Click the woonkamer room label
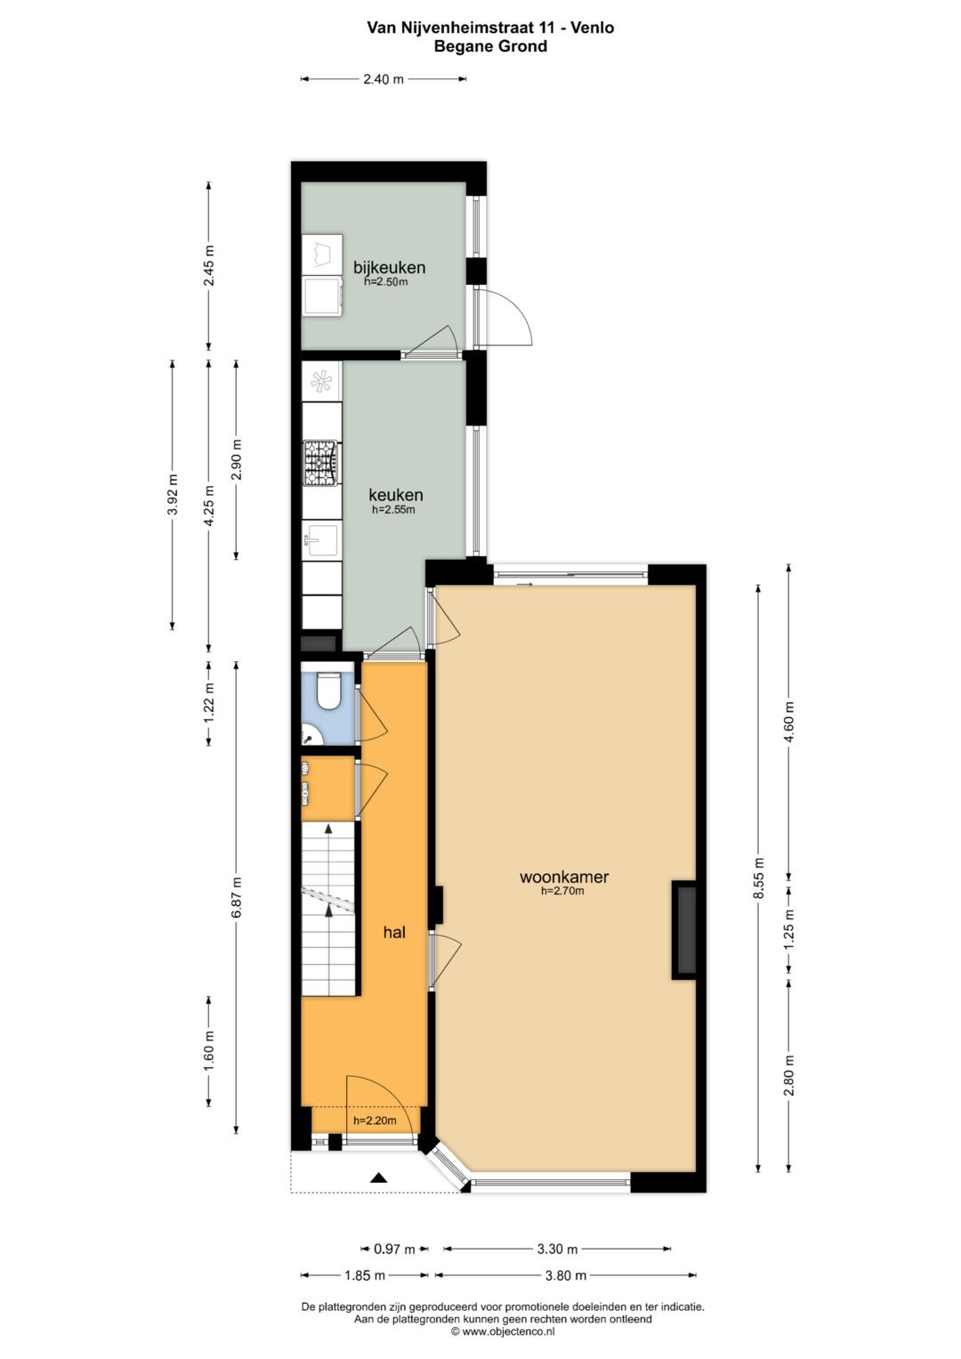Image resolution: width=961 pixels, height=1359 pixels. (564, 877)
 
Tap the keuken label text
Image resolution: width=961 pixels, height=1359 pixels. (396, 495)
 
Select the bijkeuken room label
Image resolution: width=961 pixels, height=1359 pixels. (389, 267)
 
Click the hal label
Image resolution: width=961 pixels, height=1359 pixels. (394, 933)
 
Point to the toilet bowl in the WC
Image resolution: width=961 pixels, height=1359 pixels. (328, 692)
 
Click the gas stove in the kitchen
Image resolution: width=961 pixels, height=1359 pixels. (321, 463)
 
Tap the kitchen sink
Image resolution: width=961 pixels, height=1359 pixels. (320, 539)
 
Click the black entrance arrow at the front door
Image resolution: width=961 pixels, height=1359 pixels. (379, 1178)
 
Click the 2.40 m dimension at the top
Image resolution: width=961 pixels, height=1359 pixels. (384, 79)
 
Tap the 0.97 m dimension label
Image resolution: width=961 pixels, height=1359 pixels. (394, 1250)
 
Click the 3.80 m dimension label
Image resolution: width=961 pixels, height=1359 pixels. (566, 1275)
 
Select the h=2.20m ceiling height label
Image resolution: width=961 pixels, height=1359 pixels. (375, 1120)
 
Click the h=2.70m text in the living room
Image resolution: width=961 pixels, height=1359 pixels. (562, 891)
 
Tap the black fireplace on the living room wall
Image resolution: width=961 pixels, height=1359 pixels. (684, 930)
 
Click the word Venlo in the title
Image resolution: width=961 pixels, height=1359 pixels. (593, 28)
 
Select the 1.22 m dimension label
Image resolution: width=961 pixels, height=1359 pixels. (209, 700)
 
